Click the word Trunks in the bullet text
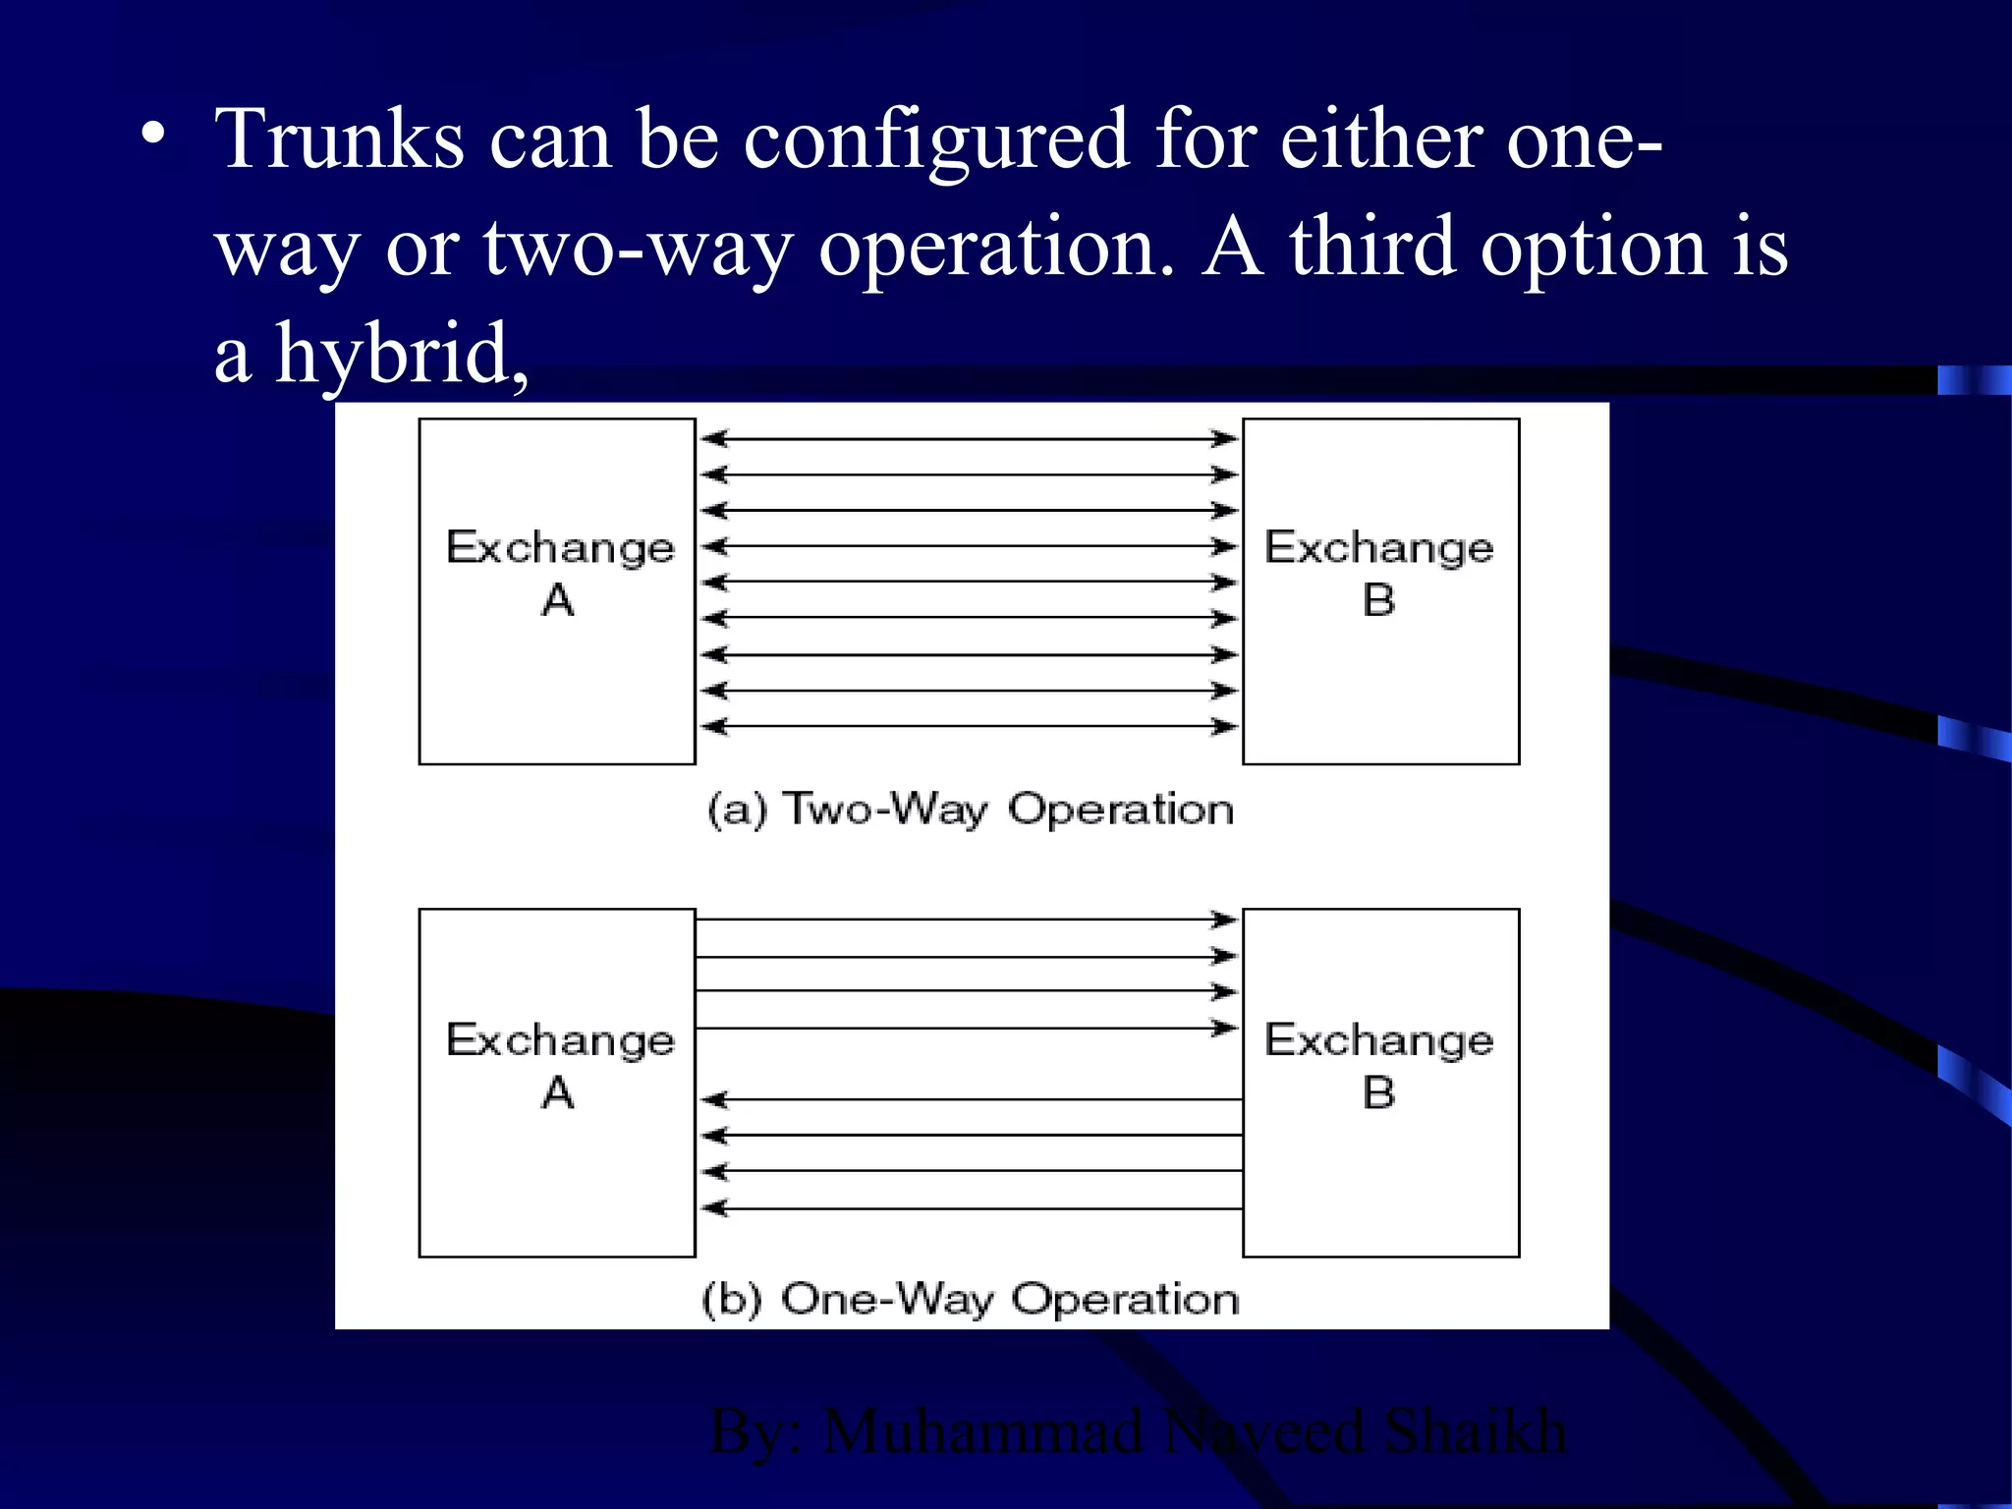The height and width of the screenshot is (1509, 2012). [340, 140]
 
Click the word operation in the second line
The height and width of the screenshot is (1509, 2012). [995, 248]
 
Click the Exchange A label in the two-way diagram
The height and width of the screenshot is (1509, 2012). [559, 572]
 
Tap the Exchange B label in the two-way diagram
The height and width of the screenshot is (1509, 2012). [1378, 572]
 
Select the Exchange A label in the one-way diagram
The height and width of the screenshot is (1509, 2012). [559, 1065]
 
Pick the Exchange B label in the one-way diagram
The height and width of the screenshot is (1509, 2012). [1378, 1065]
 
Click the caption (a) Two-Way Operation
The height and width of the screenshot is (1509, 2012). [970, 810]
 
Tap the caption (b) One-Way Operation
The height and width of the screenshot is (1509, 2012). [970, 1299]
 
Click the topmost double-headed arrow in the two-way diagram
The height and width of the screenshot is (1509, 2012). [969, 438]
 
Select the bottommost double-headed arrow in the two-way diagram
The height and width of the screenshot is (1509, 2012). [969, 727]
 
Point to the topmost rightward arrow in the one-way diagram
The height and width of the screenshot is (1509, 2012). [969, 920]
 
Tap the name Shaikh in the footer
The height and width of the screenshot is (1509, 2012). [1474, 1431]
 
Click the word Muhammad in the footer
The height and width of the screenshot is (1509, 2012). [982, 1431]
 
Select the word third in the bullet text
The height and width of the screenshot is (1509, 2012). [1371, 248]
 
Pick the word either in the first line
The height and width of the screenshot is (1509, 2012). [1380, 140]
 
